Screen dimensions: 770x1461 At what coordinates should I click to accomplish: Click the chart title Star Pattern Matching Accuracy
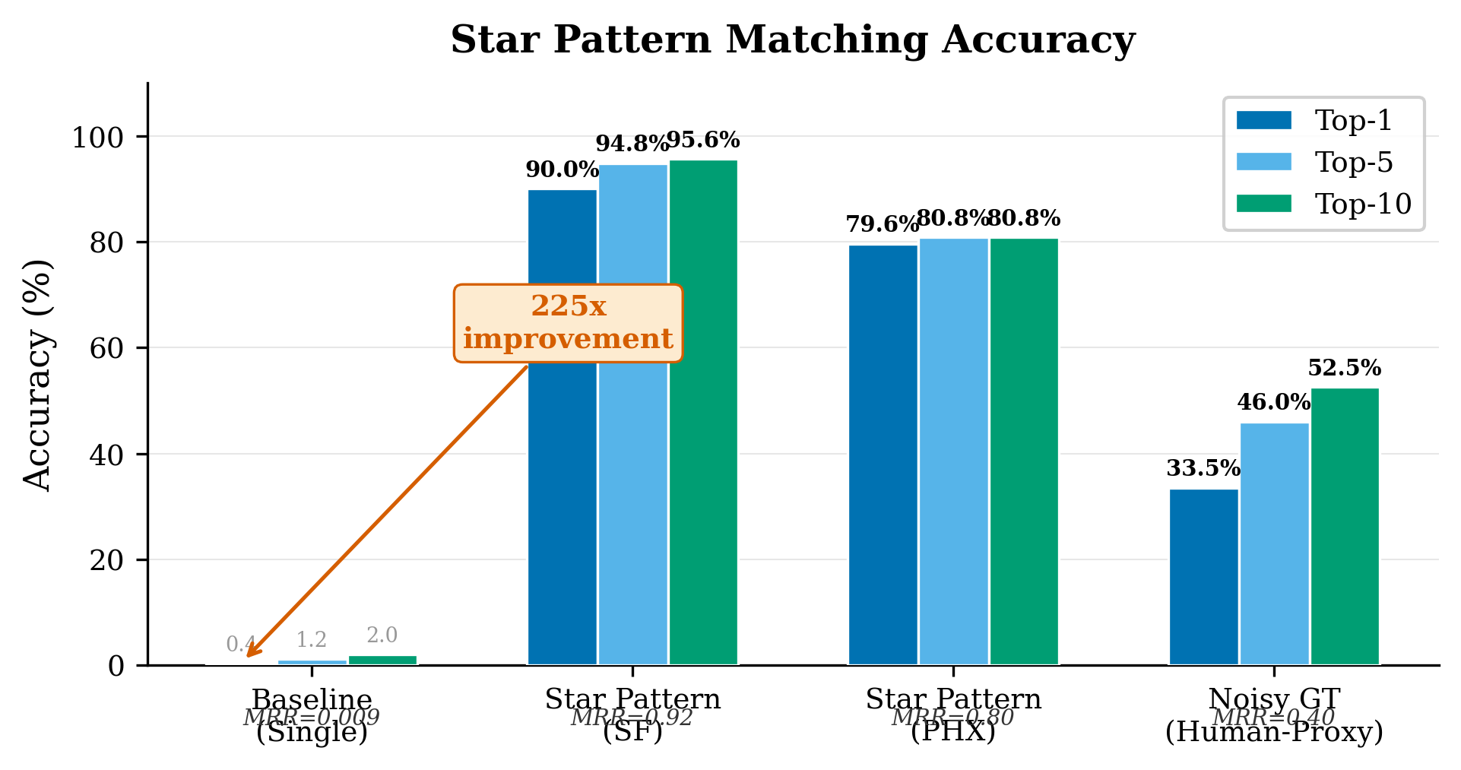pos(792,40)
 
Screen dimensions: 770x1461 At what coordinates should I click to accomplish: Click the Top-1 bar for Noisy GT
pos(1203,577)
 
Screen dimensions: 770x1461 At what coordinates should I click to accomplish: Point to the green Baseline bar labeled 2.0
pos(382,660)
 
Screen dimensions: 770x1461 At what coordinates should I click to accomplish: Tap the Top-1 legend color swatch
pos(1263,120)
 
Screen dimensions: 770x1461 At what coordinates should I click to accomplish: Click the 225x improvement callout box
pos(568,323)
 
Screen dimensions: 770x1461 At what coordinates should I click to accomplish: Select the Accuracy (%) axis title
pos(37,375)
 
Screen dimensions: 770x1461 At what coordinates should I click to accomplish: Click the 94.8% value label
pos(632,143)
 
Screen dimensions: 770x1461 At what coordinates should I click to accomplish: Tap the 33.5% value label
pos(1203,468)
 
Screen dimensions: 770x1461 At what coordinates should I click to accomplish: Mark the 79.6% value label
pos(883,224)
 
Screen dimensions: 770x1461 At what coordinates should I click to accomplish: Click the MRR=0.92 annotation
pos(632,717)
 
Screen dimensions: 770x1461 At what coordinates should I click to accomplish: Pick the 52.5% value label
pos(1344,368)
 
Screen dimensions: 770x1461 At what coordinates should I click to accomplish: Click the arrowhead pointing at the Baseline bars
pos(252,651)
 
